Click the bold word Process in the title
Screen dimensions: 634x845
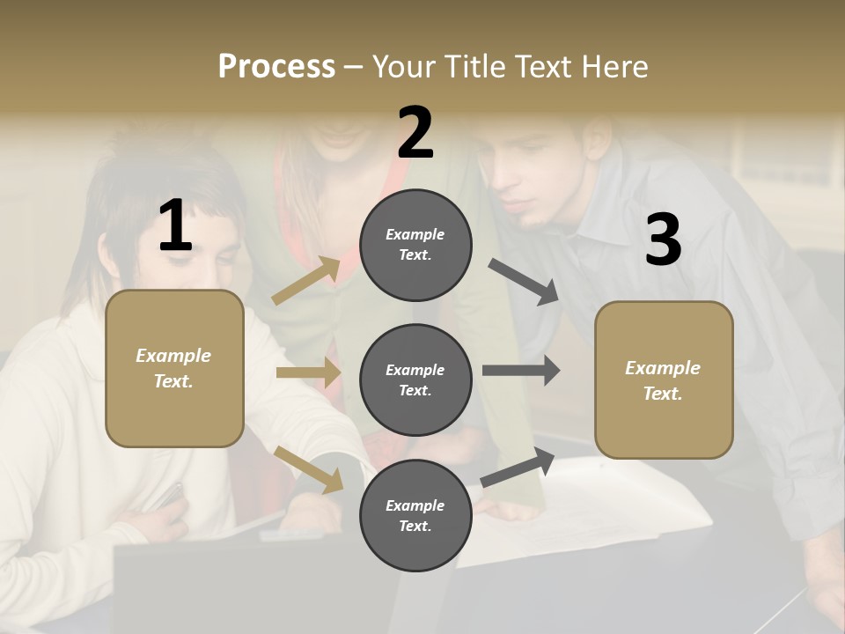tap(276, 66)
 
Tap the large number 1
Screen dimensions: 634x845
tap(175, 225)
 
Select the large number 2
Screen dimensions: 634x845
tap(415, 132)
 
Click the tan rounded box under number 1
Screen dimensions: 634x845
tap(174, 368)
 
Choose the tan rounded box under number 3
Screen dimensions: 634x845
tap(664, 380)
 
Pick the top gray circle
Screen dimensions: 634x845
tap(415, 245)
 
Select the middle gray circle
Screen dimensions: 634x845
tap(415, 380)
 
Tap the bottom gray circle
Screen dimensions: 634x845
tap(415, 515)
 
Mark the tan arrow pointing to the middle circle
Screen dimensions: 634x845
tap(308, 372)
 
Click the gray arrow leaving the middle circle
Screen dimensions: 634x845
tap(521, 371)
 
